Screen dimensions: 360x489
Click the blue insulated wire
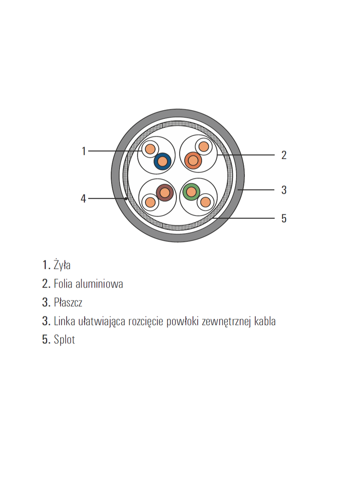163,161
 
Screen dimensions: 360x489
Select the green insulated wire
191,192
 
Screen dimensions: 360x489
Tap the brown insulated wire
164,192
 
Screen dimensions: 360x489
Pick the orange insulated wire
193,161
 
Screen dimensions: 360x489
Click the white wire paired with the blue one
150,149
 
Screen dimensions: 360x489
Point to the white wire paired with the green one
205,202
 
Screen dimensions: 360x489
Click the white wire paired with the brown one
150,202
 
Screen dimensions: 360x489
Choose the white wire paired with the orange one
203,146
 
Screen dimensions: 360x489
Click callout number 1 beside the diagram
84,151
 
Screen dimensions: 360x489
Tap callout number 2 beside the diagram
284,155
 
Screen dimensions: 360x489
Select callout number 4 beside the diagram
84,198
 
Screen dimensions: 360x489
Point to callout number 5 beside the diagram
284,218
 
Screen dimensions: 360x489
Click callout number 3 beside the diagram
284,190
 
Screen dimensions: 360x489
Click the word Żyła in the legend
62,265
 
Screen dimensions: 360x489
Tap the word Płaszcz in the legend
68,302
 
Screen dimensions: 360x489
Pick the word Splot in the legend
64,339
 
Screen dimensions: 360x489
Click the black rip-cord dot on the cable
126,198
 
